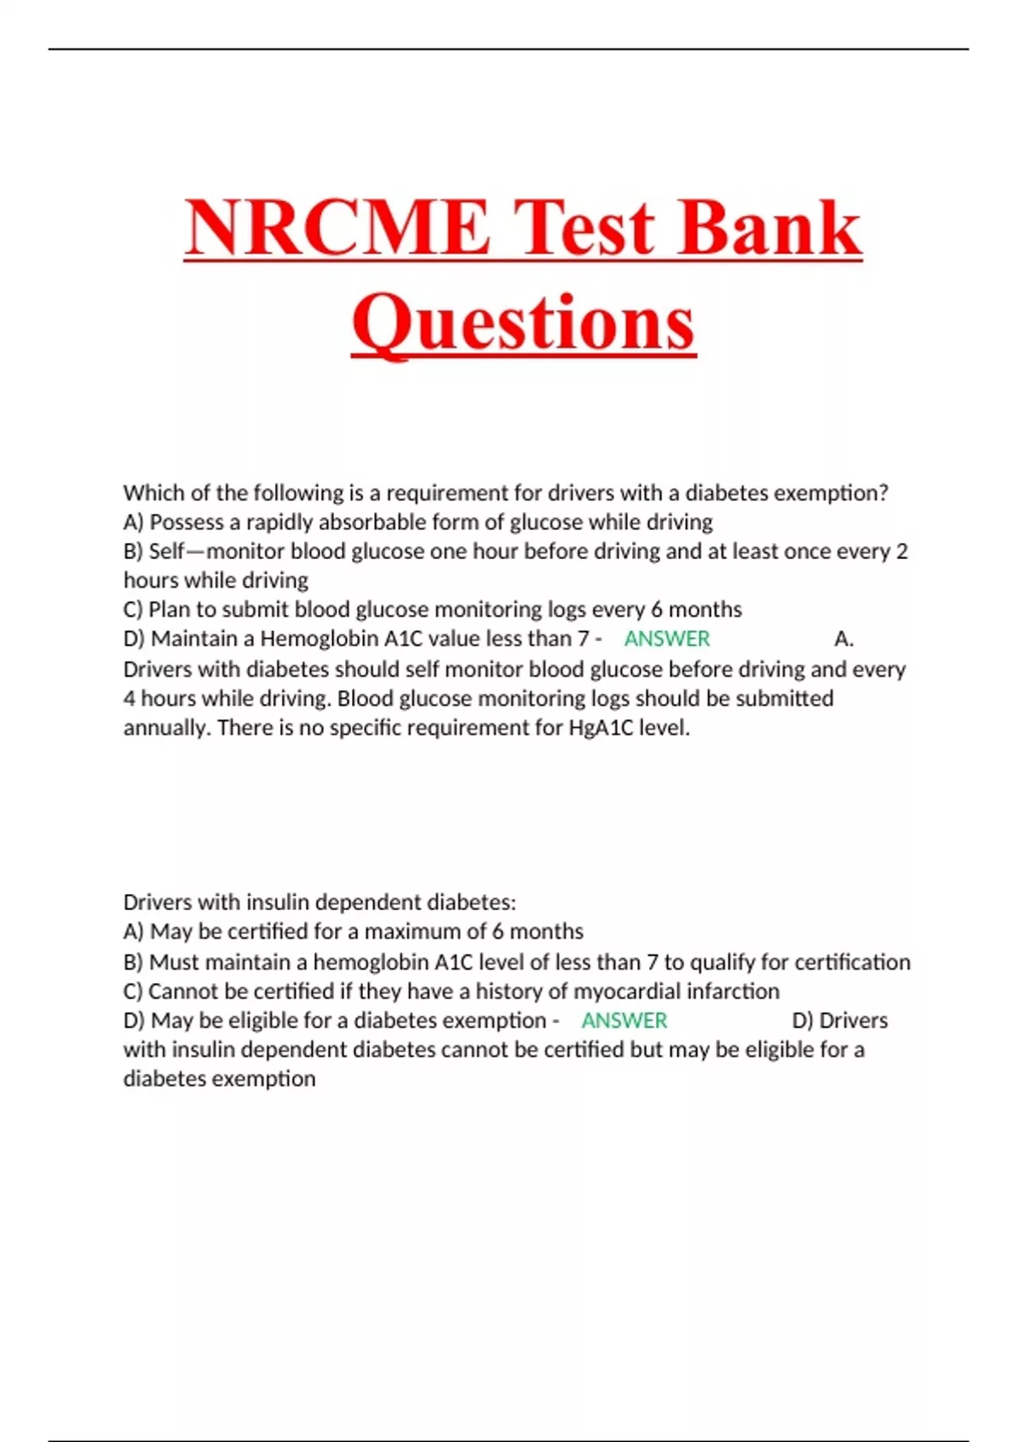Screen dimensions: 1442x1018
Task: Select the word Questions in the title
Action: tap(524, 323)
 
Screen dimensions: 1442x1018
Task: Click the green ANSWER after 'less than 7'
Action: tap(667, 639)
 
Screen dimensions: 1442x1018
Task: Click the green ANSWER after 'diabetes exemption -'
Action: tap(624, 1020)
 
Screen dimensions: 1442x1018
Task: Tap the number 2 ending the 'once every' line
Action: tap(902, 551)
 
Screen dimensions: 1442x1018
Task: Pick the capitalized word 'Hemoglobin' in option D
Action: tap(319, 639)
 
